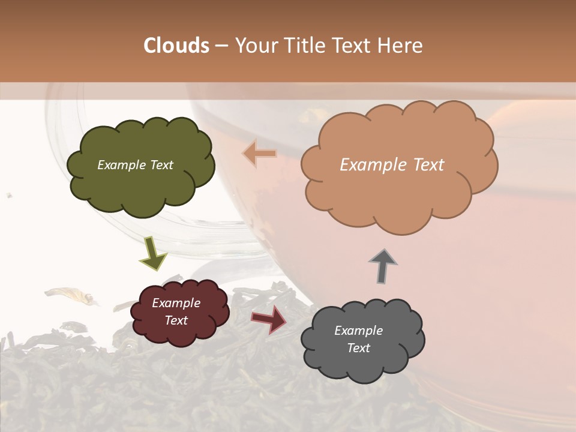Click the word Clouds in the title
pos(176,46)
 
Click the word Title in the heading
pos(302,46)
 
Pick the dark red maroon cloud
pos(180,333)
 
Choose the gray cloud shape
pos(360,366)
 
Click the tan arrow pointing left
pos(259,154)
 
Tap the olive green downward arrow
pos(152,253)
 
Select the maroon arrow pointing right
pos(269,319)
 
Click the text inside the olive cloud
pos(135,165)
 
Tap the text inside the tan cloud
pos(392,165)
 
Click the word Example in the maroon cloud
pos(176,304)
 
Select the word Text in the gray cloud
pos(358,348)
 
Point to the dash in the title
pos(221,46)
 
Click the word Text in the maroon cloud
pos(176,320)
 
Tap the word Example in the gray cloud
pos(358,331)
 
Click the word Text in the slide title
pos(354,46)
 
